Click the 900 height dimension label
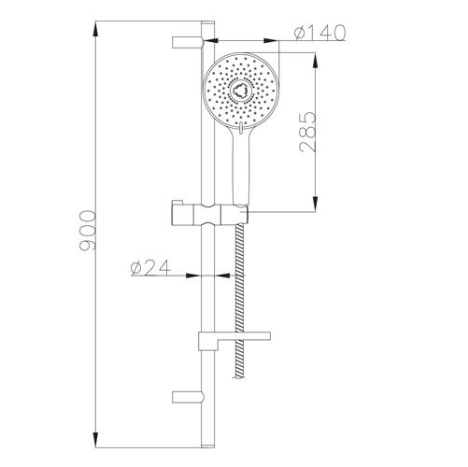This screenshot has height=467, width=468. point(88,231)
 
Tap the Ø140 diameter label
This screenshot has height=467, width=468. point(319,33)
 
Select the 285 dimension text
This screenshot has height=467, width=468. point(307,132)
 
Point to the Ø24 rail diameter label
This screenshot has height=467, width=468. point(151,268)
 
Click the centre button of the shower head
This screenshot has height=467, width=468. point(239,91)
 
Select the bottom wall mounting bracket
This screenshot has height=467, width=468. point(188,397)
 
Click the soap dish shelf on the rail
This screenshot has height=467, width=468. point(234,339)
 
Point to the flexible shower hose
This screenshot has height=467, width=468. point(240,301)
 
